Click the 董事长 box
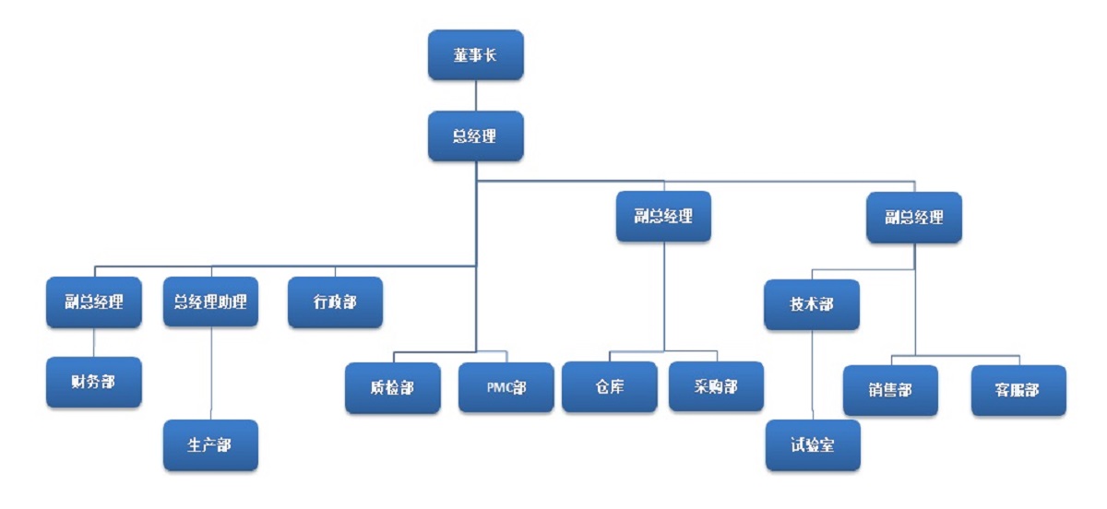(x=475, y=54)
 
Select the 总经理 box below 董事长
(x=475, y=136)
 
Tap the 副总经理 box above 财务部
(x=94, y=302)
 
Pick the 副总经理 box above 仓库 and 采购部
(x=663, y=217)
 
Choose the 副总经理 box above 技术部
(x=914, y=218)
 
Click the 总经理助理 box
(x=210, y=302)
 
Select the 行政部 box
(x=335, y=302)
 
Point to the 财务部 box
(x=94, y=382)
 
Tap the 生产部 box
(x=210, y=445)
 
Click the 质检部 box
(x=392, y=388)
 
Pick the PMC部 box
(x=506, y=387)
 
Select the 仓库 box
(x=609, y=386)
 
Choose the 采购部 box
(x=716, y=386)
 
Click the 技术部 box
(x=812, y=304)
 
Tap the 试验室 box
(x=812, y=445)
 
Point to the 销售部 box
(x=890, y=390)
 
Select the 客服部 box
(x=1018, y=390)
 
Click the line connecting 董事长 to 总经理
(x=475, y=95)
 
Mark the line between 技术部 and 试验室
(x=812, y=374)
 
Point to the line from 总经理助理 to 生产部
(x=211, y=373)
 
